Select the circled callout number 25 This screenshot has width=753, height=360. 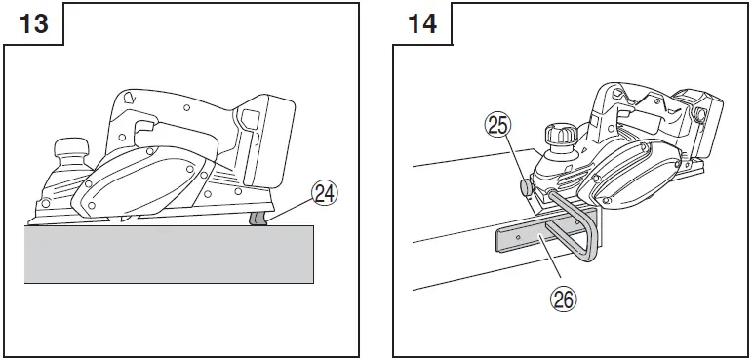[499, 124]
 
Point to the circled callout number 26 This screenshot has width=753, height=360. [564, 299]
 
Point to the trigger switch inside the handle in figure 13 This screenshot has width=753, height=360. [143, 128]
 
